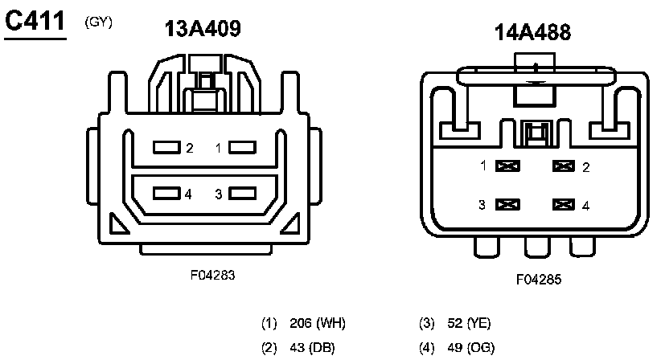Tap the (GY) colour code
(98, 22)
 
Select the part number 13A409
(203, 29)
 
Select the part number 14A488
(532, 32)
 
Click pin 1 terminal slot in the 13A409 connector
(242, 148)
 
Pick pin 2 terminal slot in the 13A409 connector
(167, 148)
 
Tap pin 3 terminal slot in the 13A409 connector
(242, 194)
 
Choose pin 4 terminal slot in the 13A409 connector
(167, 194)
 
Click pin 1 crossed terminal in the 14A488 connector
(508, 166)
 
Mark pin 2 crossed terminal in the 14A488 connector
(565, 166)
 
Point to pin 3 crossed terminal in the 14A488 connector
(508, 205)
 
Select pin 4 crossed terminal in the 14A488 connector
(565, 205)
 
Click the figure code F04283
(212, 275)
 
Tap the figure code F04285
(538, 280)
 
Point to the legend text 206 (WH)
(318, 324)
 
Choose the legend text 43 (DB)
(312, 347)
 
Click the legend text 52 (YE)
(469, 324)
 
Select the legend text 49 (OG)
(470, 347)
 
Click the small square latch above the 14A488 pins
(535, 133)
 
